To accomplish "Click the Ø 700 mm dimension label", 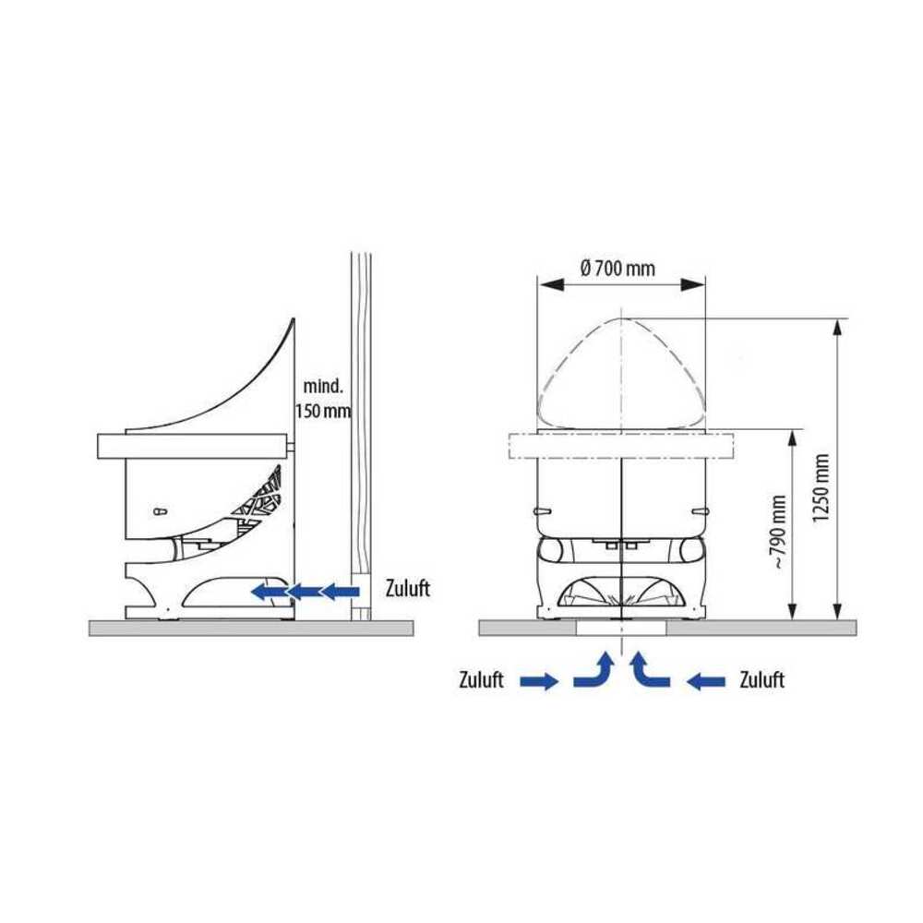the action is coord(617,269).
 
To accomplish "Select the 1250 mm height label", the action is coord(821,487).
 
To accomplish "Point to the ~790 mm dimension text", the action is coord(778,532).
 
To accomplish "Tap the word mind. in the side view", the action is coord(322,387).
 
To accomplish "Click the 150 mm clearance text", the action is coord(322,411).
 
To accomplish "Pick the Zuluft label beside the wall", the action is coord(408,588).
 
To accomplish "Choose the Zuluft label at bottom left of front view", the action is coord(481,680).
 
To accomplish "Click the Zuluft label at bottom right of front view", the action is coord(761,680).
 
